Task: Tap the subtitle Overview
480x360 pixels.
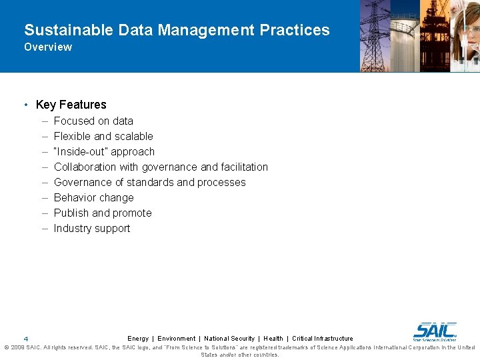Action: point(48,47)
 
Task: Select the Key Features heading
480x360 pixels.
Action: point(71,105)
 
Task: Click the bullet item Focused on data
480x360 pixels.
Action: point(93,121)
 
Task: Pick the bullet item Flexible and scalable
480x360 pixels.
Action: point(103,136)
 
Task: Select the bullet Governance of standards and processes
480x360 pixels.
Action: point(149,182)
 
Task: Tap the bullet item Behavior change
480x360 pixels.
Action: point(93,197)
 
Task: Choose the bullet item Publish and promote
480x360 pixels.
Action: point(103,213)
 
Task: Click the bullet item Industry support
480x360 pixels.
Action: point(92,228)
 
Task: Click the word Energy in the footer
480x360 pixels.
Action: point(138,339)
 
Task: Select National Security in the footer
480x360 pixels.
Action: point(229,339)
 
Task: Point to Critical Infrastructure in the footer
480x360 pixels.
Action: point(323,339)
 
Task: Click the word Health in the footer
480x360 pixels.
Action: point(273,339)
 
